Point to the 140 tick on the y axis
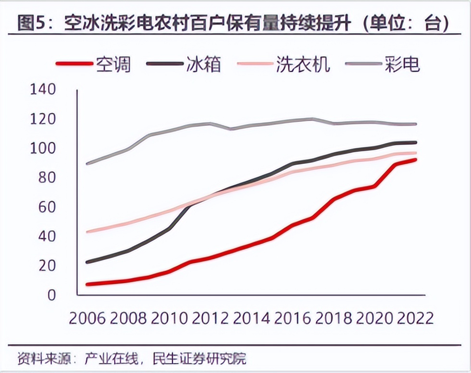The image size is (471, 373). (43, 89)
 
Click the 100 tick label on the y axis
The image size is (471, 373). (43, 149)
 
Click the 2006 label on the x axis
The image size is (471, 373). (87, 318)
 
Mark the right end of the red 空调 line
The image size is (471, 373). (415, 160)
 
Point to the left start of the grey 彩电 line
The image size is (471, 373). (87, 164)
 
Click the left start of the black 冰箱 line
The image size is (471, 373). (87, 262)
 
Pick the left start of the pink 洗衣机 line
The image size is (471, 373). (87, 232)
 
